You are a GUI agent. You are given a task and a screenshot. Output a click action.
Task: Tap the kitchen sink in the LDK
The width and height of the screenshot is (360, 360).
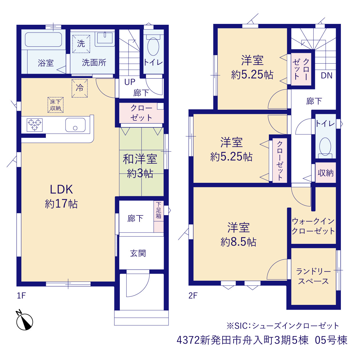[x=75, y=125]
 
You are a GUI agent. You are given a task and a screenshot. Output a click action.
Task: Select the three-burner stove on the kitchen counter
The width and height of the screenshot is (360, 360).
[x=35, y=125]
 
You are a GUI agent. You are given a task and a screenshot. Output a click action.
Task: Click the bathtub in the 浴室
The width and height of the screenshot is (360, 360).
[x=43, y=39]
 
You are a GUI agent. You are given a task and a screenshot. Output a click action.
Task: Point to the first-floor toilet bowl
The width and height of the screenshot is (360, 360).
[x=153, y=47]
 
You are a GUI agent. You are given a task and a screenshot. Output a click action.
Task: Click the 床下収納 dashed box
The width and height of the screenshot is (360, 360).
[x=55, y=105]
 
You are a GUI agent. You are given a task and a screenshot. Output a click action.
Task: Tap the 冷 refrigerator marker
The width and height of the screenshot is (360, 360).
[x=80, y=88]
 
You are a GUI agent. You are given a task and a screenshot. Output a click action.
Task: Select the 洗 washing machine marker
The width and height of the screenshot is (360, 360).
[x=81, y=44]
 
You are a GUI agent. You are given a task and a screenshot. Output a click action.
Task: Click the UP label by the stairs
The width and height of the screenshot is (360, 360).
[x=130, y=82]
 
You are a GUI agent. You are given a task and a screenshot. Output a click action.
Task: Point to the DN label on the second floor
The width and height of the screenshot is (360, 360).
[x=327, y=75]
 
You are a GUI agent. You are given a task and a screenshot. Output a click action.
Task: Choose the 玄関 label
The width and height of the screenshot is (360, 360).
[x=138, y=253]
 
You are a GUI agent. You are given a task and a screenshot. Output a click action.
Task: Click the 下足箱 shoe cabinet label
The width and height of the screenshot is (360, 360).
[x=158, y=210]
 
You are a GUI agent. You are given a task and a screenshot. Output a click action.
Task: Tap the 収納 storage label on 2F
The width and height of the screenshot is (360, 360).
[x=325, y=173]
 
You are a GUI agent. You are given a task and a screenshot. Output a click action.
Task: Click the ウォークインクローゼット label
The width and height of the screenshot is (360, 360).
[x=313, y=226]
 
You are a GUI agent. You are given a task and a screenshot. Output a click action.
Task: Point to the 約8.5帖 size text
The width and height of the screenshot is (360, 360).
[x=238, y=242]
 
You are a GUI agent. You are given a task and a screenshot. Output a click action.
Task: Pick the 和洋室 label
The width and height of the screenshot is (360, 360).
[x=140, y=159]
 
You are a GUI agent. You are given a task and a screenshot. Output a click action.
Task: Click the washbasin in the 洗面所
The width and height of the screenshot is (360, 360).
[x=105, y=39]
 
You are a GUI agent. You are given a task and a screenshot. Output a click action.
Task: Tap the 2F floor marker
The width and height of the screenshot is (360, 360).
[x=193, y=296]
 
